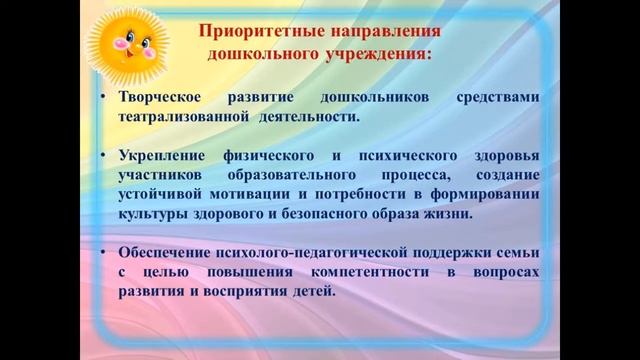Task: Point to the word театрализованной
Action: [183, 116]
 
